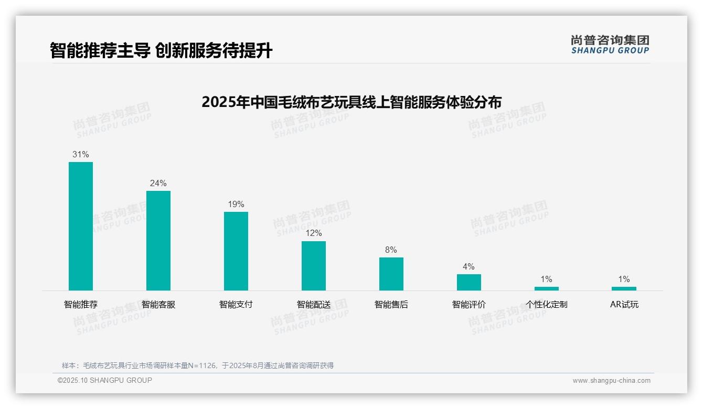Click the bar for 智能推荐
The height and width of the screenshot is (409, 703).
tap(81, 226)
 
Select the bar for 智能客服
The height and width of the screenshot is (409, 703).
tap(158, 241)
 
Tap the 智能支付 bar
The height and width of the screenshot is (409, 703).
tap(236, 251)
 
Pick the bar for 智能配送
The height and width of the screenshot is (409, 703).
tap(314, 266)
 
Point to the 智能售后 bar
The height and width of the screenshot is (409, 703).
tap(391, 274)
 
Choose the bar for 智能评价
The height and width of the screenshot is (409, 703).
tap(468, 282)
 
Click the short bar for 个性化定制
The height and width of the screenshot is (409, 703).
tap(546, 288)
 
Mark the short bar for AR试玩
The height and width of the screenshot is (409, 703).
tap(624, 288)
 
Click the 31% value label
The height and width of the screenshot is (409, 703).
tap(81, 155)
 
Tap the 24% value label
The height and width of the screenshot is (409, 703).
tap(158, 184)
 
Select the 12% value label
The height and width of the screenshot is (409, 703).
tap(314, 233)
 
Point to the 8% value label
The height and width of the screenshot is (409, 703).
tap(391, 250)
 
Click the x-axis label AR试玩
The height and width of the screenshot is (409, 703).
tap(624, 305)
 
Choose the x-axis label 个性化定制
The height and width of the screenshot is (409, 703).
tap(547, 305)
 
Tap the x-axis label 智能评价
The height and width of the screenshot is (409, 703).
tap(469, 305)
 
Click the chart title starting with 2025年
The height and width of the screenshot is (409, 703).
tap(351, 102)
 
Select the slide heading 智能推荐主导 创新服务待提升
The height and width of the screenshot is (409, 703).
tap(161, 51)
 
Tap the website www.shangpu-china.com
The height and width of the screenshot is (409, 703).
tap(611, 381)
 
